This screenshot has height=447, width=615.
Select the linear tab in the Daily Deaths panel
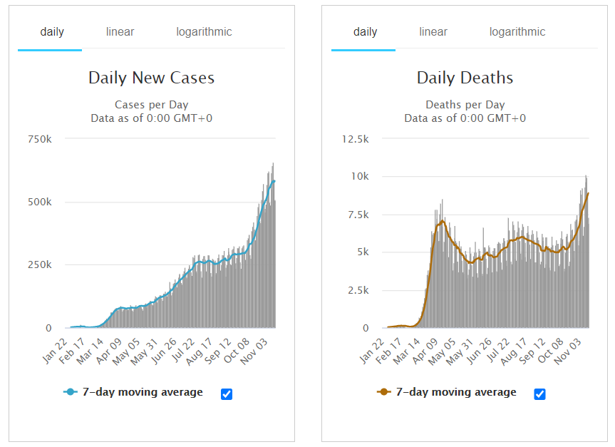click(433, 32)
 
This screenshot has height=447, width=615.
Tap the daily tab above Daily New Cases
click(52, 32)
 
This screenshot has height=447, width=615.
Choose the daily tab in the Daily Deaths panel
click(366, 32)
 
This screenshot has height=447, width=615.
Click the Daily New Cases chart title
click(151, 78)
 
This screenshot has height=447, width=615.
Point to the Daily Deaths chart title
click(465, 78)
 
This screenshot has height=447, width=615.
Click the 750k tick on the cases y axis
click(38, 138)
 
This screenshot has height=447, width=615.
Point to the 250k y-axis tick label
click(38, 264)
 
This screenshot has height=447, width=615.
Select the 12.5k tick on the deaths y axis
click(355, 138)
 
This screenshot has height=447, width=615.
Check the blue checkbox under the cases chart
click(227, 394)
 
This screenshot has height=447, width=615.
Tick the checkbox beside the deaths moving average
click(540, 394)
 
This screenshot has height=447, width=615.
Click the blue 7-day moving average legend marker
click(70, 392)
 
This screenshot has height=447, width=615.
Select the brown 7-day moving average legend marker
click(383, 392)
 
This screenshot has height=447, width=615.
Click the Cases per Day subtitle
click(151, 105)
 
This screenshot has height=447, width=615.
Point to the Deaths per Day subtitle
click(465, 105)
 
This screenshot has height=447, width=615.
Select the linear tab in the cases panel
click(120, 32)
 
